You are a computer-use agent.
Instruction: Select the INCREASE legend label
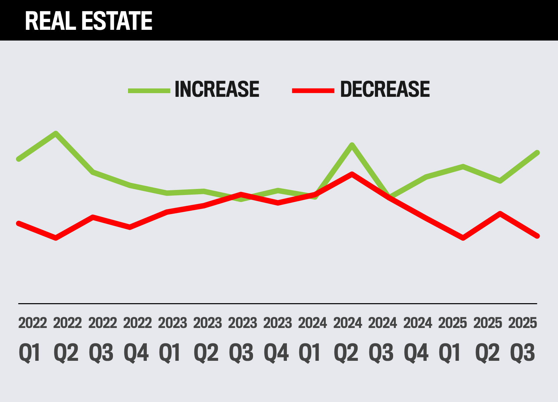pos(217,89)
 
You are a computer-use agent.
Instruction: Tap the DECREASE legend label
pos(385,89)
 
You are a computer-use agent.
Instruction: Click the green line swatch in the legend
pos(149,90)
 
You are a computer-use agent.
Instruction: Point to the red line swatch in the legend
pos(313,90)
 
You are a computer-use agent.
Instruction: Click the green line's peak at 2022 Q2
pos(56,134)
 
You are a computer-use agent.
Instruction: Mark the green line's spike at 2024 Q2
pos(352,145)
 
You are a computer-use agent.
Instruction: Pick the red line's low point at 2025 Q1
pos(463,238)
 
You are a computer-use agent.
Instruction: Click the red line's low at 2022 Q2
pos(56,238)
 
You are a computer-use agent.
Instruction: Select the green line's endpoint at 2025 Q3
pos(537,153)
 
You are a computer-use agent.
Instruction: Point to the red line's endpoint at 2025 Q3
pos(537,236)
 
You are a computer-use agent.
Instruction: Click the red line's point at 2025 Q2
pos(500,214)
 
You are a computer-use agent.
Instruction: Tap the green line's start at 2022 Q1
pos(19,159)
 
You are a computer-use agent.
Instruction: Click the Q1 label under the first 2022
pos(30,352)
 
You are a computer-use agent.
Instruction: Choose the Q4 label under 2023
pos(276,352)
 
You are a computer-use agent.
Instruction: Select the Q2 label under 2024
pos(346,352)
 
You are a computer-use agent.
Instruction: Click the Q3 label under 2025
pos(522,352)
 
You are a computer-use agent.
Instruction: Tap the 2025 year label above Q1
pos(452,323)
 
